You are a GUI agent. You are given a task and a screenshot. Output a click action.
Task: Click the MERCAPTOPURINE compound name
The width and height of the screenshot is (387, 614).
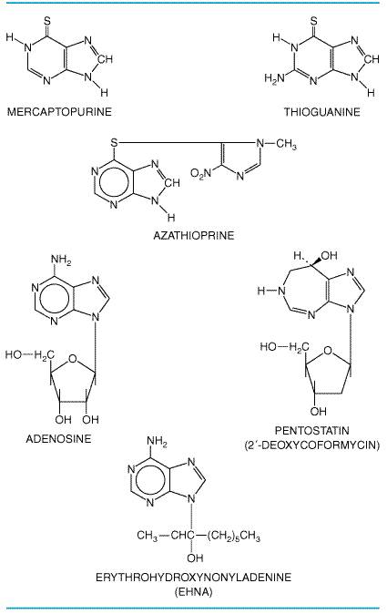coord(59,112)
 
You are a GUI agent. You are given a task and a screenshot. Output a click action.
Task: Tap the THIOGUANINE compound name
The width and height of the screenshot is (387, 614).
coord(322,112)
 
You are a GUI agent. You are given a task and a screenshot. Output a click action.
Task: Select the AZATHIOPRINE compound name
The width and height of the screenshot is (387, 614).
coord(194,235)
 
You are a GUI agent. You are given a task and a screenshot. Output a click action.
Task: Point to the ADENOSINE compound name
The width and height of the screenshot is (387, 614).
coord(58,438)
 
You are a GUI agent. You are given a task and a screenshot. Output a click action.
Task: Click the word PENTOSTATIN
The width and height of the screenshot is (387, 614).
coord(311,431)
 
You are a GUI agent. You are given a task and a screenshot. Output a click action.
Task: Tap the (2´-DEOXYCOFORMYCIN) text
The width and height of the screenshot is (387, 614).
coord(311,445)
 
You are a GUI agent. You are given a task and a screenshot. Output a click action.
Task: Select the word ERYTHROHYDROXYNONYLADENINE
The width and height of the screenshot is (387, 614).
coord(194,578)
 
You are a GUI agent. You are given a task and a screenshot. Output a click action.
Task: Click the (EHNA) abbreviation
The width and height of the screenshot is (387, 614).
coord(193,591)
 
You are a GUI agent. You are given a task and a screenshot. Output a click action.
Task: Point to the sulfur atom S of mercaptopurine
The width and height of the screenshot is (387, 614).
coord(47,21)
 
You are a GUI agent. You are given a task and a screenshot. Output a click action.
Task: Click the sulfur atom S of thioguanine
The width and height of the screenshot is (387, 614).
coord(313,21)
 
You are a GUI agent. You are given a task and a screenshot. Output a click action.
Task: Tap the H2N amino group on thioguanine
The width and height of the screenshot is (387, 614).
coord(274,78)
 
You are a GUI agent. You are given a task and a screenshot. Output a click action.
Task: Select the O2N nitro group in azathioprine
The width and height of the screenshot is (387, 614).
coord(200,173)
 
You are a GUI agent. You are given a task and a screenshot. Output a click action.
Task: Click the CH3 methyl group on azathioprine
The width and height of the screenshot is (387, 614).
coord(286,144)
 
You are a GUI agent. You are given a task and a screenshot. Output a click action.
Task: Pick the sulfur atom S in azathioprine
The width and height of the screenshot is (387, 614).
coord(114,142)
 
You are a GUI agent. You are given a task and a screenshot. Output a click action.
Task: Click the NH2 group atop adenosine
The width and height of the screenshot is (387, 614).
coord(61,260)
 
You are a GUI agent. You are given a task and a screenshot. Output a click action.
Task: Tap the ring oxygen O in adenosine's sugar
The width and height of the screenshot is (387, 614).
coord(73,358)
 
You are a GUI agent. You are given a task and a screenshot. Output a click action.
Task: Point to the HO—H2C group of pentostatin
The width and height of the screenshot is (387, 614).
coord(284,347)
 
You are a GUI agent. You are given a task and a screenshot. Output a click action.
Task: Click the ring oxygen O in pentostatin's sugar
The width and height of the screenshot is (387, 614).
coord(328,350)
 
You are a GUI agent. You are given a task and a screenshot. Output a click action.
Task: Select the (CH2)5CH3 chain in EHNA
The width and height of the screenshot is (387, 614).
coord(234,536)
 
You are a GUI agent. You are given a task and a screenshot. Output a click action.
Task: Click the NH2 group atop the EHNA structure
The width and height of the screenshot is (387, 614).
coord(157,441)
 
